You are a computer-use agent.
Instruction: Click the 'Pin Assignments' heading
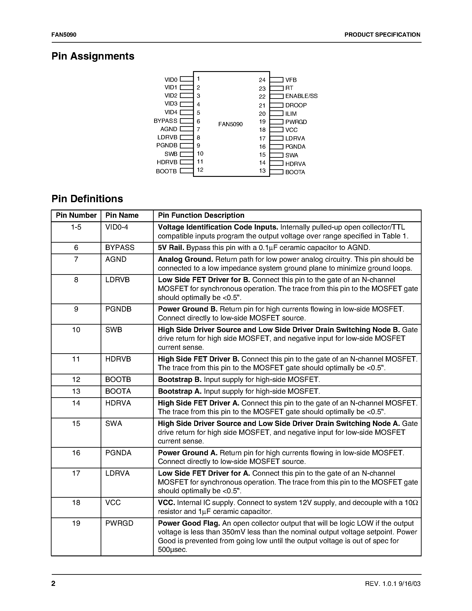(x=93, y=56)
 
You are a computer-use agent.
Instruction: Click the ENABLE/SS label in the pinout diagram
(x=301, y=96)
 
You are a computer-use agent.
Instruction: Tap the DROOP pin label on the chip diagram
(x=296, y=105)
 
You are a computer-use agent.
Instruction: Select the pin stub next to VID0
(x=186, y=79)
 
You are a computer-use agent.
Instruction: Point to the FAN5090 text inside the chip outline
(x=230, y=124)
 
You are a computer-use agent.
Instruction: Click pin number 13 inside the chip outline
(x=262, y=171)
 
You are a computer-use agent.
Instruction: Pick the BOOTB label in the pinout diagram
(x=166, y=171)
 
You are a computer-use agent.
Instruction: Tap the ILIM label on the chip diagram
(x=291, y=114)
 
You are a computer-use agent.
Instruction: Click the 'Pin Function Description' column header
(x=201, y=216)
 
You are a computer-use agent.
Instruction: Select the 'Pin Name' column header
(x=122, y=216)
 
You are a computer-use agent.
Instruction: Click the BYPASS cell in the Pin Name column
(x=120, y=248)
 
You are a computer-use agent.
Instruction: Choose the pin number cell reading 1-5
(x=76, y=227)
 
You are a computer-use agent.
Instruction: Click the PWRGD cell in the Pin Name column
(x=119, y=523)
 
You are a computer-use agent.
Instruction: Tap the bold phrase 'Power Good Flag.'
(x=189, y=523)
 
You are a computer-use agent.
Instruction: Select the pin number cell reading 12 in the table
(x=76, y=380)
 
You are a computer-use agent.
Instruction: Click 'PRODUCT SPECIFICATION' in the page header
(x=382, y=35)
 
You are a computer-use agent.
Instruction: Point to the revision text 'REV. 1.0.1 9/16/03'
(x=392, y=584)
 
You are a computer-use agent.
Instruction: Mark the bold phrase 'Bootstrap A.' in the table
(x=179, y=391)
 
